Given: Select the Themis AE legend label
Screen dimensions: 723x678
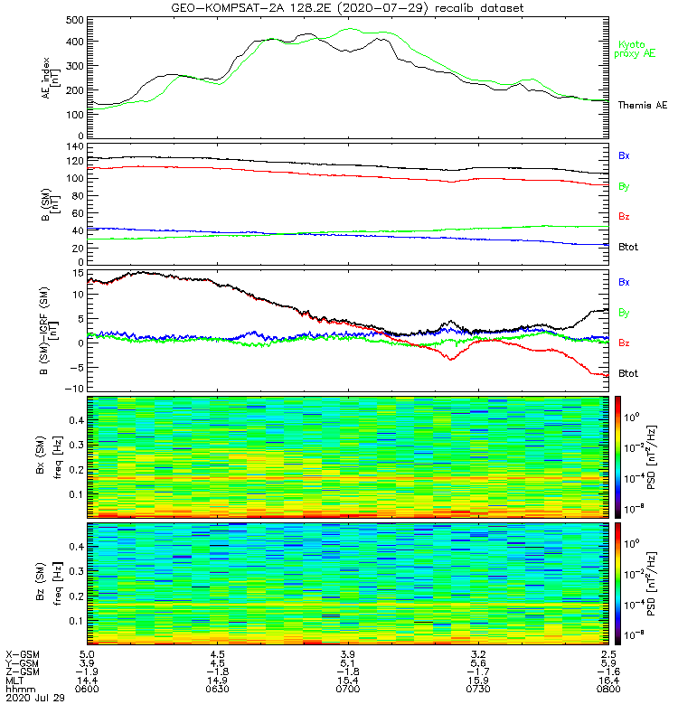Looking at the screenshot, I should [x=641, y=106].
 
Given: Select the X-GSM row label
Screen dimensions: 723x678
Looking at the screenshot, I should [x=22, y=653].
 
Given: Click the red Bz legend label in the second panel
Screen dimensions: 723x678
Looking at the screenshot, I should [x=624, y=217].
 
